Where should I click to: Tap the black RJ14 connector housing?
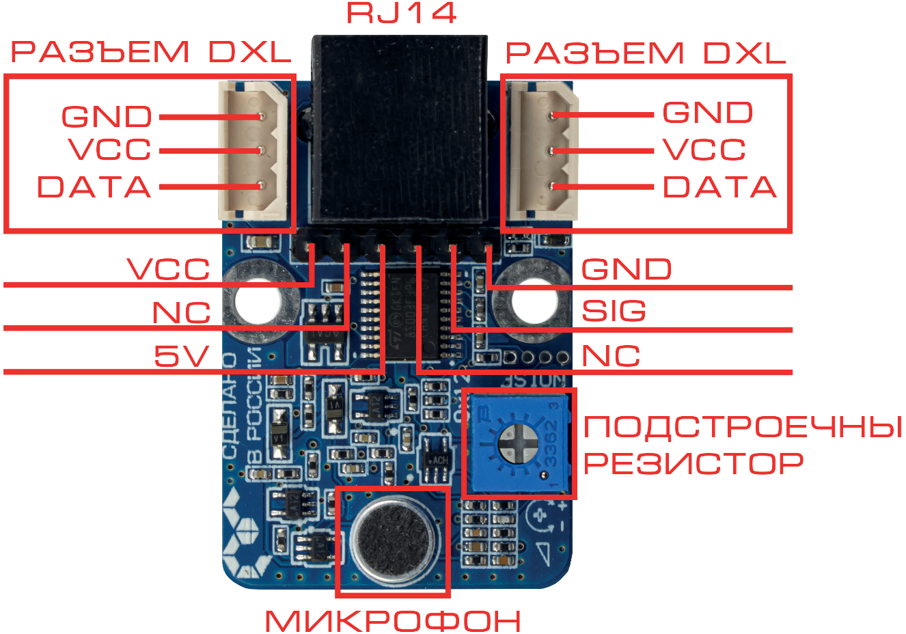[400, 130]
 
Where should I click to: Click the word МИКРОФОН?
[393, 621]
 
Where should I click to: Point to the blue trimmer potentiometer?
[519, 443]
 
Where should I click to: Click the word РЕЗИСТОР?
[693, 464]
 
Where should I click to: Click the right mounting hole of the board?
[534, 301]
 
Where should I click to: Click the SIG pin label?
[613, 312]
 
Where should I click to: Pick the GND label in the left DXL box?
[107, 116]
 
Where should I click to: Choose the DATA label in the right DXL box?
[719, 187]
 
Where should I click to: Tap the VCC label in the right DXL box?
[704, 150]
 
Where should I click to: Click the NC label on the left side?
[181, 313]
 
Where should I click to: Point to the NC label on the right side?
[610, 356]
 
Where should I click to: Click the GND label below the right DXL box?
[626, 269]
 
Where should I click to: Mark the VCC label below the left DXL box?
[169, 269]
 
